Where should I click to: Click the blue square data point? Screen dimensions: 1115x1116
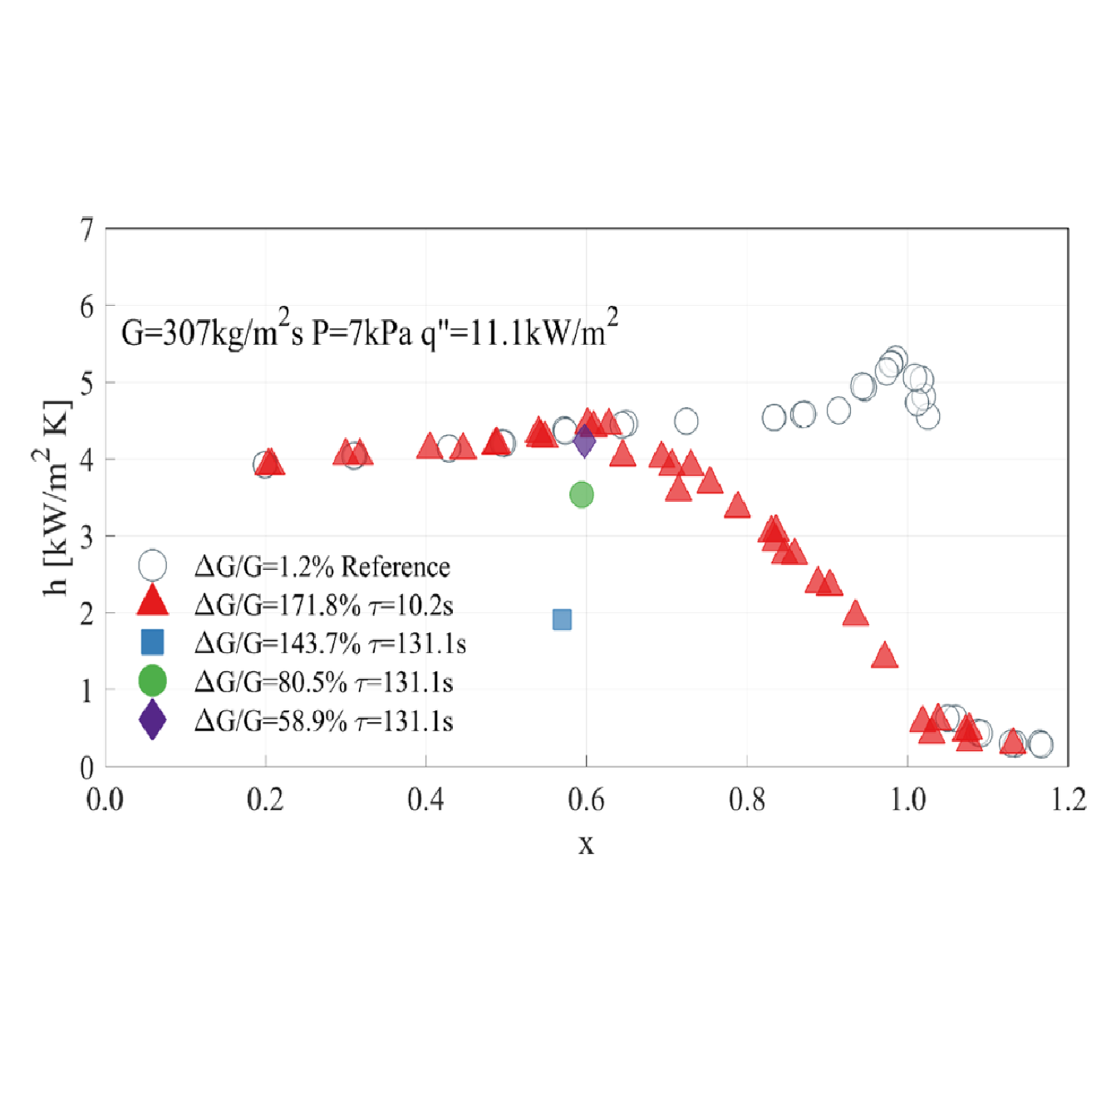[x=562, y=619]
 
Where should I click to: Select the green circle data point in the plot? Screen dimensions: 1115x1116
[x=582, y=495]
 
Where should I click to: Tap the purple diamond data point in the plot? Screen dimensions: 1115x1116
[x=585, y=440]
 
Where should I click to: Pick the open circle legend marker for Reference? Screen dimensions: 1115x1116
[x=152, y=565]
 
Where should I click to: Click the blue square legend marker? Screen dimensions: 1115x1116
[x=152, y=642]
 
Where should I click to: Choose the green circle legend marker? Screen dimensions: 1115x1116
[x=152, y=680]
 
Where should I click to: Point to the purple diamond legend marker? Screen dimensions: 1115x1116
[x=152, y=720]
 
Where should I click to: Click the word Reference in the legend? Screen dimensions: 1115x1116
[x=396, y=567]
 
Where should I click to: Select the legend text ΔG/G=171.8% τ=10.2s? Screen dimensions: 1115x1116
[x=324, y=605]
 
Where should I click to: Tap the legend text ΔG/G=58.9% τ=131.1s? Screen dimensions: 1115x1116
[x=324, y=721]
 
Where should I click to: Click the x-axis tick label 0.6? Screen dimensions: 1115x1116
[x=586, y=799]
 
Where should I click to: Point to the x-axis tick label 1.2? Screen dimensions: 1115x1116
[x=1068, y=799]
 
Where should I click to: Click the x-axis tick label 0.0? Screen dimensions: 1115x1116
[x=105, y=799]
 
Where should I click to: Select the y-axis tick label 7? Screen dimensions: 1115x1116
[x=86, y=229]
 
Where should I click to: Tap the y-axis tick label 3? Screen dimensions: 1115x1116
[x=86, y=537]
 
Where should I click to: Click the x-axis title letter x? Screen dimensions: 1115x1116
[x=586, y=844]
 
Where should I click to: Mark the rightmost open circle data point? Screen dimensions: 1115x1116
[x=1040, y=744]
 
